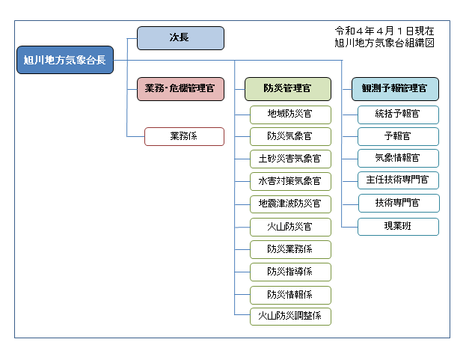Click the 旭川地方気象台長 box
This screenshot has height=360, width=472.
pos(65,60)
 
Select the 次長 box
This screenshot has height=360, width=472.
pos(180,38)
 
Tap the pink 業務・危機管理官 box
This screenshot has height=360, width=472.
pos(180,89)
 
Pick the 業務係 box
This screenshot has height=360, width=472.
pos(184,136)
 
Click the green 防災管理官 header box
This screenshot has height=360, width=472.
pos(288,89)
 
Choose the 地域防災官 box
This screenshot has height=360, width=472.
pos(290,115)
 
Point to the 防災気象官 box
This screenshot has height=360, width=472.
pos(290,136)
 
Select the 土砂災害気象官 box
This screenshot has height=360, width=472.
pos(290,159)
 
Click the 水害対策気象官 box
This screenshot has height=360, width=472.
pos(290,181)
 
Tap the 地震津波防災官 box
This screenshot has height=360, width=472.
pos(290,204)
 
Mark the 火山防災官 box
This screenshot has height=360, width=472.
pos(290,227)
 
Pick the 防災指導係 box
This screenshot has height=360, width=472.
pos(290,272)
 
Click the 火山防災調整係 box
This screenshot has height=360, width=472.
pos(290,317)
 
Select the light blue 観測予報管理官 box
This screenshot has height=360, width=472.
pos(395,89)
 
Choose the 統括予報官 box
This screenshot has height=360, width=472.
pos(398,115)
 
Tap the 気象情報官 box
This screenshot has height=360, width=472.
pos(398,158)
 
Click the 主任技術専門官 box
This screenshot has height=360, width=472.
pos(398,180)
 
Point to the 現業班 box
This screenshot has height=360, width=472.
pos(398,227)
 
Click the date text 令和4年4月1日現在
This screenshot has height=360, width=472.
pos(384,31)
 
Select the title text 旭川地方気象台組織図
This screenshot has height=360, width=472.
pos(384,43)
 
